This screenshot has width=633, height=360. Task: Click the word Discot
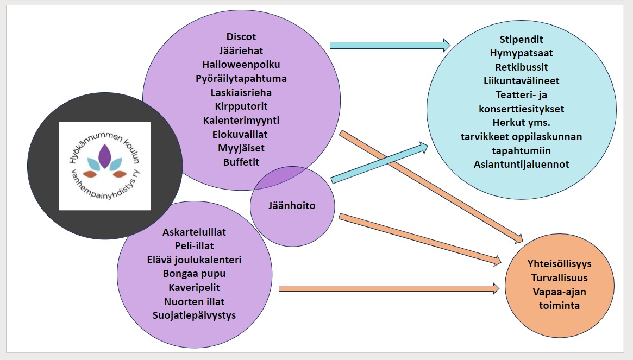(241, 37)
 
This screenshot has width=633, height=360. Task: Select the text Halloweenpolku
(241, 65)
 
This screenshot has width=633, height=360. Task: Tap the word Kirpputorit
(241, 106)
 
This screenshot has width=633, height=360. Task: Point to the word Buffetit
(241, 162)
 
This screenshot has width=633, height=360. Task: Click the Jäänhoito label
(292, 206)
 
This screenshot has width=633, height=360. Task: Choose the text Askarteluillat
(194, 232)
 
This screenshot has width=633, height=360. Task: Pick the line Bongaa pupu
(194, 273)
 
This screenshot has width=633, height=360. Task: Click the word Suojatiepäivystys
(194, 315)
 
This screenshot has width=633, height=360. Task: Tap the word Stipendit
(521, 40)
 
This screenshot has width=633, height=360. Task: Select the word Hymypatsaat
(521, 53)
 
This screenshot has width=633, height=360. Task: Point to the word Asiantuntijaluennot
(521, 163)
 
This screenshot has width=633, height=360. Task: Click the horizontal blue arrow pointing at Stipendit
(390, 45)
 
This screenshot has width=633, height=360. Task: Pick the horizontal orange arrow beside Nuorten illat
(388, 289)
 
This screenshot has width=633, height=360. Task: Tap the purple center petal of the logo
(105, 155)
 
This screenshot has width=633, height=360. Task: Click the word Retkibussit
(521, 67)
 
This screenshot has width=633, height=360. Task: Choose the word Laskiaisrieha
(241, 92)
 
